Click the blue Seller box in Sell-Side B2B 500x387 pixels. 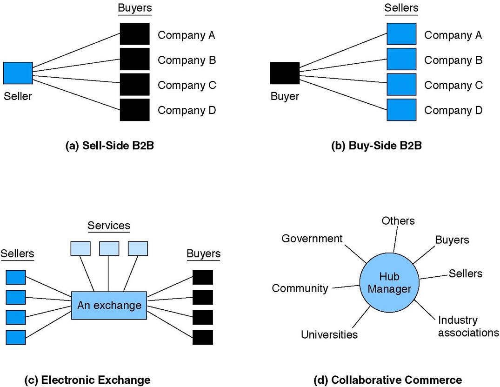(x=18, y=73)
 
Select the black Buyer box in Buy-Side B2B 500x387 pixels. (x=285, y=73)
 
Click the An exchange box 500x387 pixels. (x=109, y=306)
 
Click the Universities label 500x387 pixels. (x=329, y=334)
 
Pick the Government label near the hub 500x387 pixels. (x=312, y=239)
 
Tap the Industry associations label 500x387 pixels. (x=468, y=327)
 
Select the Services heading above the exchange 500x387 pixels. (x=109, y=226)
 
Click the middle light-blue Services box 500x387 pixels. (x=109, y=248)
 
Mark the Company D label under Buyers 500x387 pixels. (x=187, y=111)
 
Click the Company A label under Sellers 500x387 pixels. (x=453, y=35)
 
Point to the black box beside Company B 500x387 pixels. (x=135, y=60)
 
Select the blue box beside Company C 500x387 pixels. (x=401, y=85)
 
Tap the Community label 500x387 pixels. (x=300, y=288)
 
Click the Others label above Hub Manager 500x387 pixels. (x=398, y=220)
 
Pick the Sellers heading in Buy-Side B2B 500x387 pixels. (x=401, y=8)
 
